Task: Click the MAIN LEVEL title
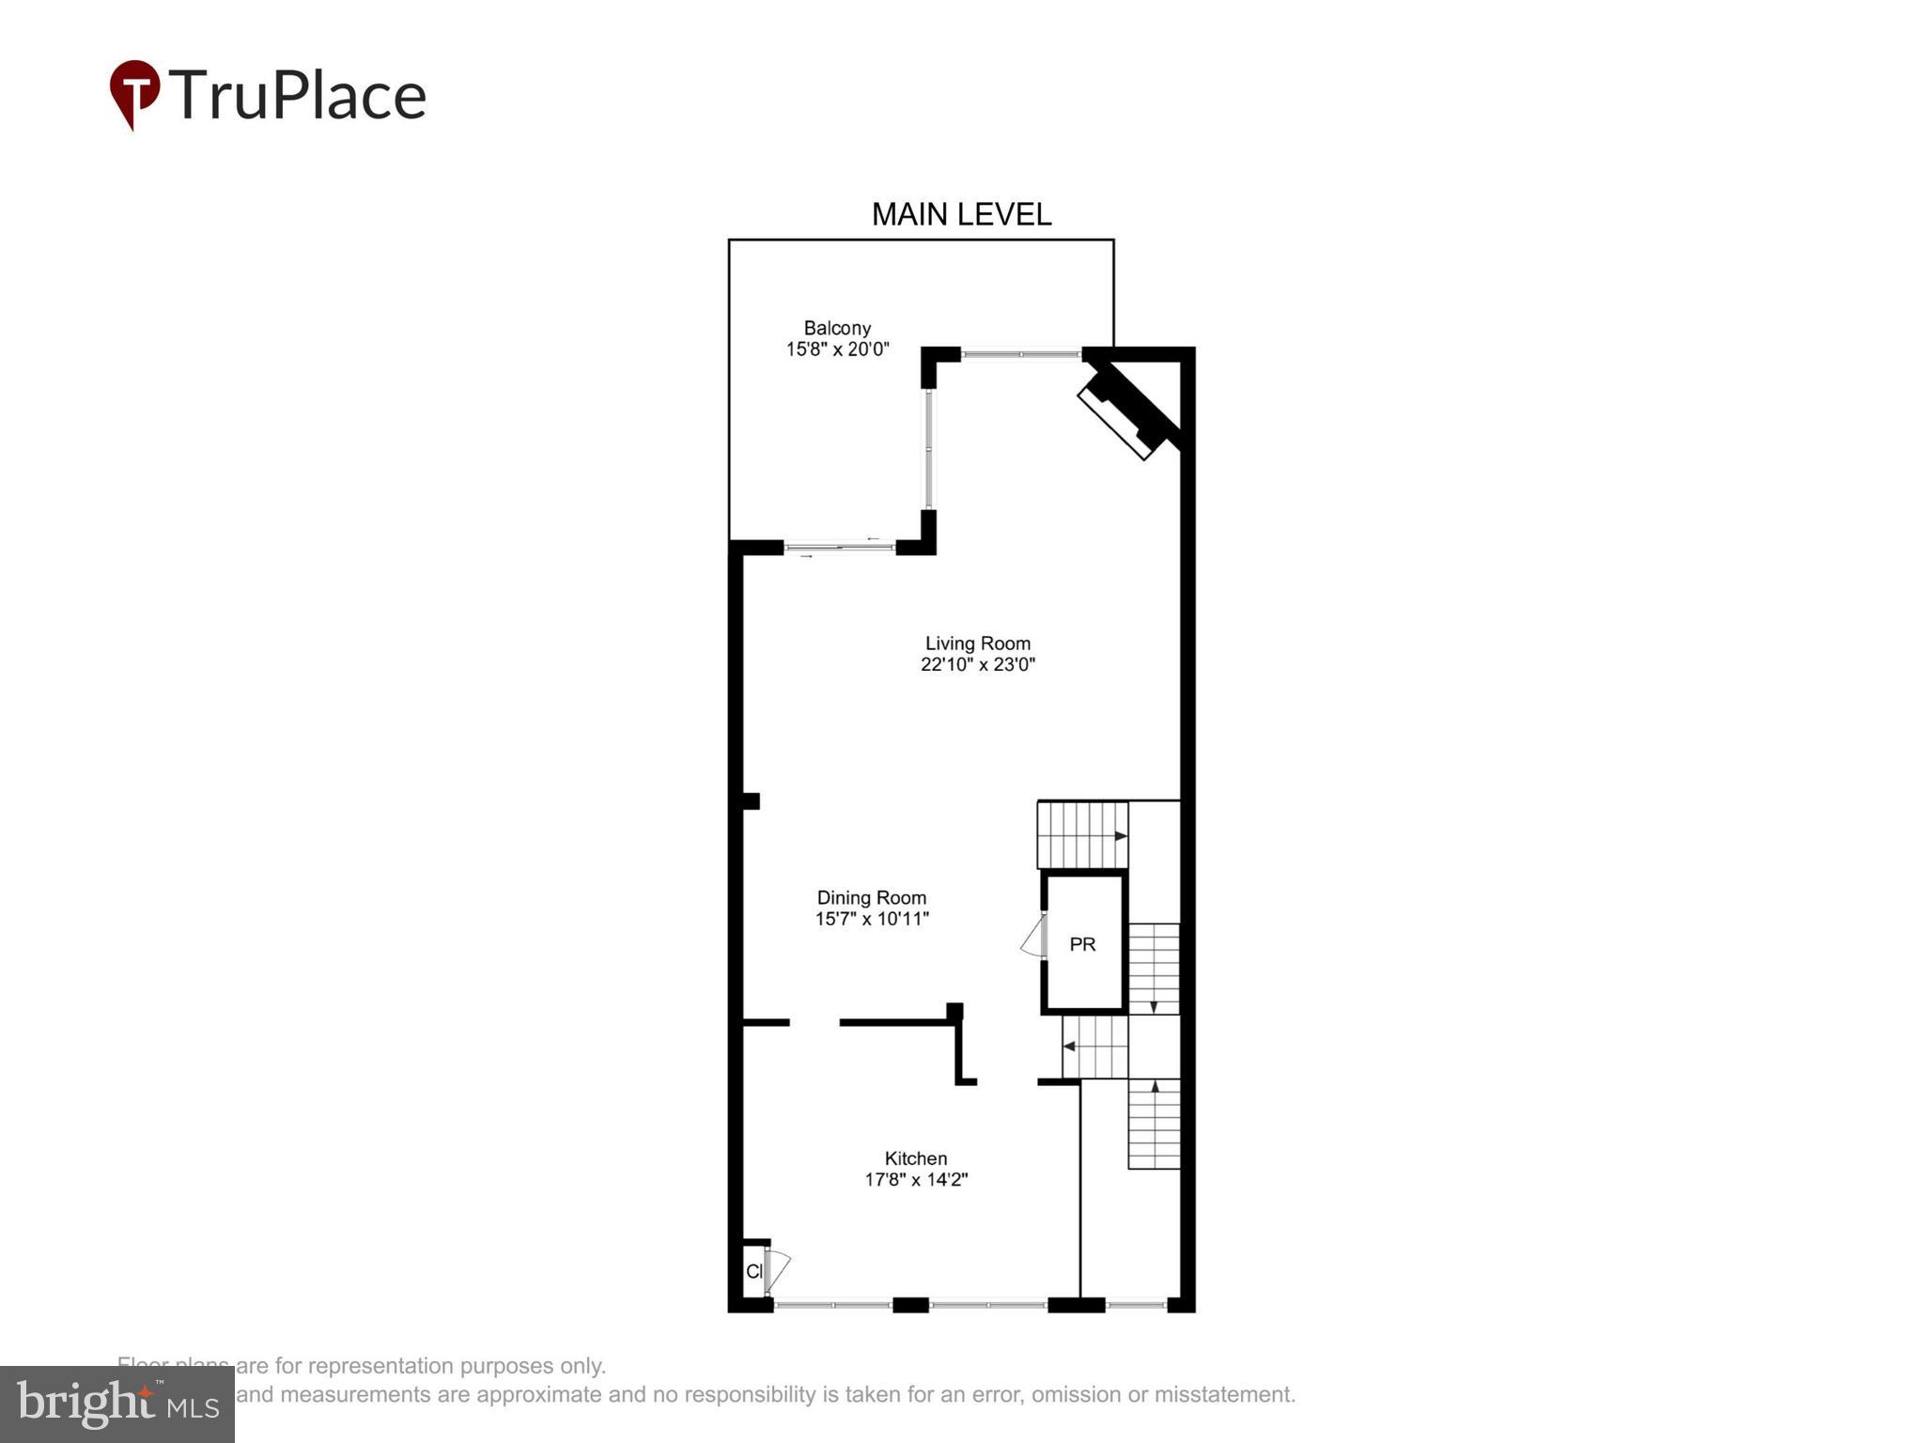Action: coord(961,214)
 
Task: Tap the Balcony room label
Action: coord(837,328)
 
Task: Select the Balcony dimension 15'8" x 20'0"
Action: coord(837,349)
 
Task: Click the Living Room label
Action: coord(978,644)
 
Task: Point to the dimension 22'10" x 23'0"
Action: coord(978,664)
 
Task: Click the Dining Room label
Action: coord(872,897)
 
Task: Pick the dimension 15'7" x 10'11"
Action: coord(872,919)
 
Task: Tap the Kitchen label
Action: coord(916,1158)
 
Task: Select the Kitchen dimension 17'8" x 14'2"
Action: coord(916,1179)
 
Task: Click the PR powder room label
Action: coord(1082,944)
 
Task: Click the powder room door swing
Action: coord(1033,939)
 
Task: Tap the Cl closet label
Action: coord(753,1271)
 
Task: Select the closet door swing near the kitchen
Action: coord(778,1268)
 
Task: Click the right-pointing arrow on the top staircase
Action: coord(1120,835)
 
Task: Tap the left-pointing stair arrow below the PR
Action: coord(1069,1047)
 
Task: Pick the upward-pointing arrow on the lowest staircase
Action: coord(1154,1087)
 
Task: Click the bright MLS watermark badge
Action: coord(117,1404)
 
